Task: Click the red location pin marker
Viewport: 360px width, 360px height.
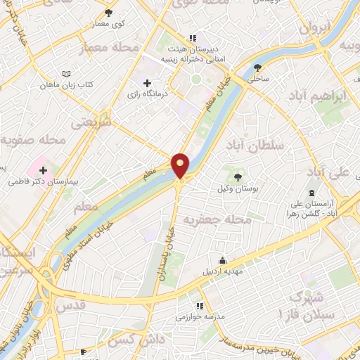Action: pyautogui.click(x=181, y=165)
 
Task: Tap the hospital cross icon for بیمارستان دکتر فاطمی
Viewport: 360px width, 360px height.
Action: pyautogui.click(x=44, y=169)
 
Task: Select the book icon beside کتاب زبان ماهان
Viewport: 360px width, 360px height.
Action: pyautogui.click(x=66, y=74)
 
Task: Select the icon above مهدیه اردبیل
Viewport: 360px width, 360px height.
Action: pyautogui.click(x=224, y=259)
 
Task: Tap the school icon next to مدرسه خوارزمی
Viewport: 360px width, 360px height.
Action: pyautogui.click(x=200, y=306)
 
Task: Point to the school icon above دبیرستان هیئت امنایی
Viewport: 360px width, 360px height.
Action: pyautogui.click(x=191, y=39)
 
